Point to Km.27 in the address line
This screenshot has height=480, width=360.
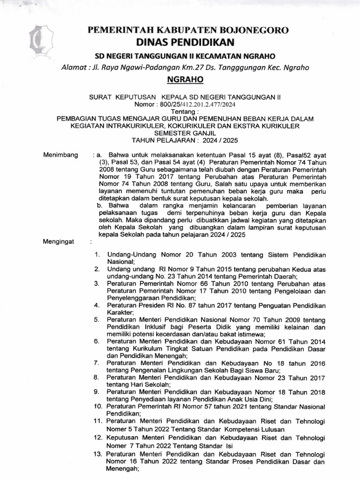click(201, 67)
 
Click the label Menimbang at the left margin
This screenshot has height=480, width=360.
click(60, 154)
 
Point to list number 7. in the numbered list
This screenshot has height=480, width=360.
click(96, 363)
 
